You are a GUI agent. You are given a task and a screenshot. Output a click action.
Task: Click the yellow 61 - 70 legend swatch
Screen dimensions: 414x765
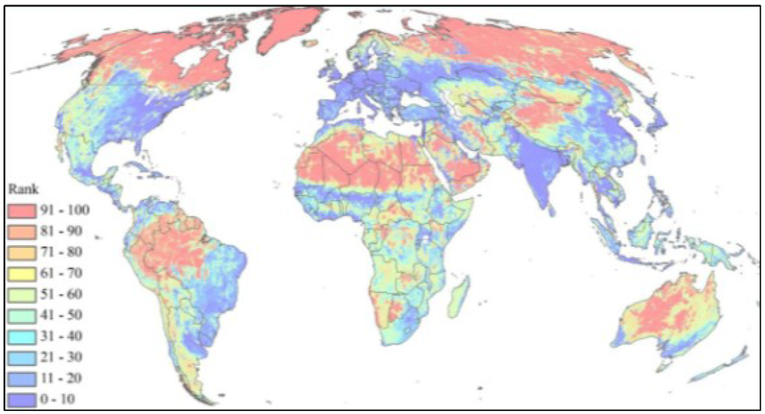[22, 269]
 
